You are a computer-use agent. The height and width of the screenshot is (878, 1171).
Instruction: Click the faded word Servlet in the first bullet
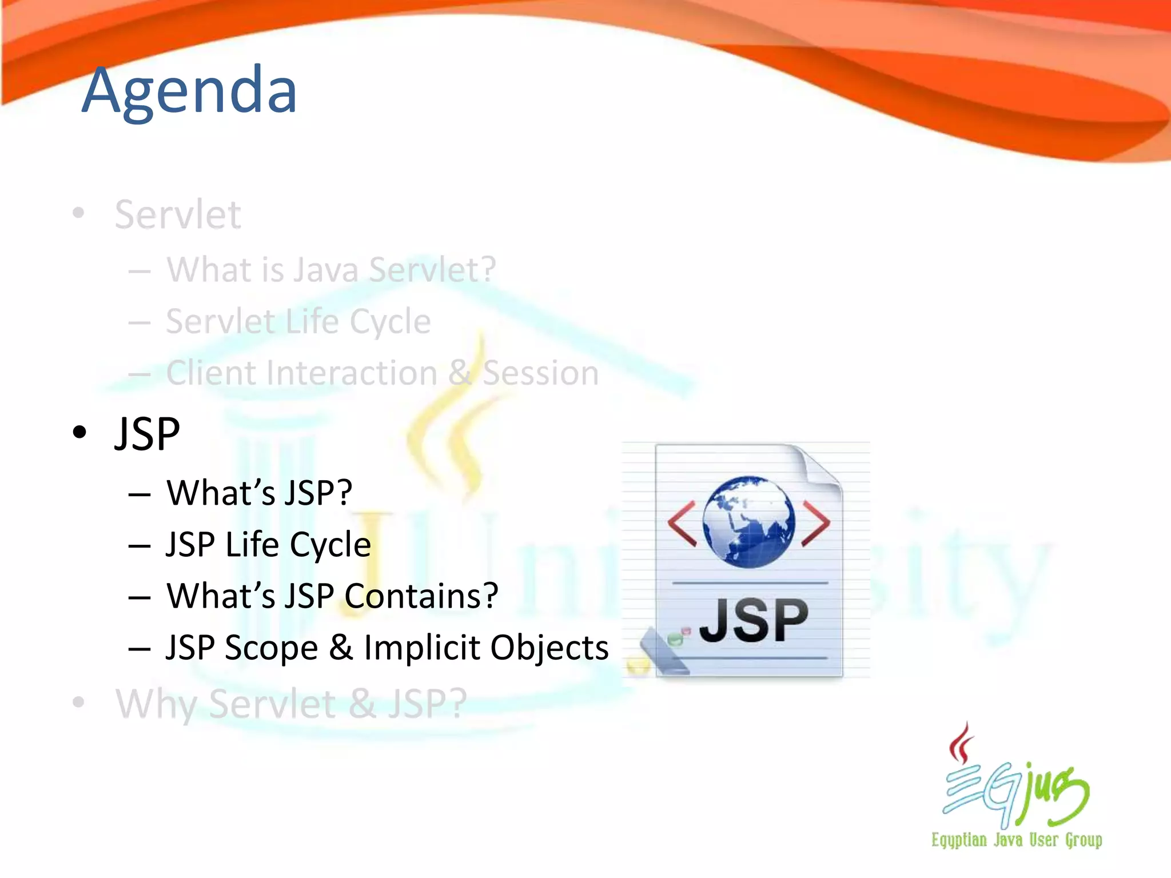pyautogui.click(x=177, y=215)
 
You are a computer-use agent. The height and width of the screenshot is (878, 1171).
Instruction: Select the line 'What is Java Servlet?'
pyautogui.click(x=330, y=269)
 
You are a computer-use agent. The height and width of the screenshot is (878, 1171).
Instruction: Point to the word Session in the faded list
pyautogui.click(x=540, y=373)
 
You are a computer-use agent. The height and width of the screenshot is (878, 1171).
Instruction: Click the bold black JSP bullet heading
pyautogui.click(x=147, y=434)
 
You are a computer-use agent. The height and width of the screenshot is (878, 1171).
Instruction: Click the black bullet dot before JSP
pyautogui.click(x=79, y=433)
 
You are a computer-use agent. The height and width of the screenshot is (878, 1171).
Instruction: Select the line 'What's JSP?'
pyautogui.click(x=259, y=493)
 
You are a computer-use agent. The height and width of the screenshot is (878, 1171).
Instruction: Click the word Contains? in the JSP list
pyautogui.click(x=421, y=596)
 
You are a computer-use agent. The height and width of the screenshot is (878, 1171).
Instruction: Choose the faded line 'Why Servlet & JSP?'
pyautogui.click(x=291, y=704)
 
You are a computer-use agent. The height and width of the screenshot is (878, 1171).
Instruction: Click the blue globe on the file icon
pyautogui.click(x=748, y=521)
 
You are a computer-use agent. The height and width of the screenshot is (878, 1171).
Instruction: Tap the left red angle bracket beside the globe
pyautogui.click(x=682, y=523)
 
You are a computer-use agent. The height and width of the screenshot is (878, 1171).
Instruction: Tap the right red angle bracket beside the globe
pyautogui.click(x=816, y=523)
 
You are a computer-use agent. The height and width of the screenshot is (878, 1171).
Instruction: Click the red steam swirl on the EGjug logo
pyautogui.click(x=962, y=743)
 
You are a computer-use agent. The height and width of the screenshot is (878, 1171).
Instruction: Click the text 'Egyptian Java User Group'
pyautogui.click(x=1016, y=840)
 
